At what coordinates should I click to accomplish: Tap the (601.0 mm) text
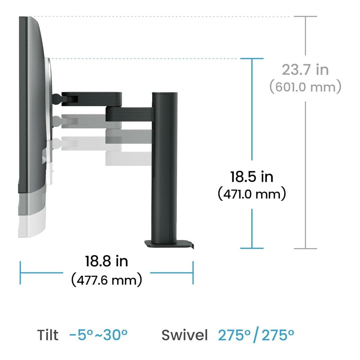click(x=305, y=87)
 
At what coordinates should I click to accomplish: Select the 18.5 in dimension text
click(x=252, y=177)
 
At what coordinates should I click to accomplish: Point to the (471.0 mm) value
click(x=252, y=194)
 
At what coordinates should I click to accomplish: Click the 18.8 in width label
click(x=107, y=261)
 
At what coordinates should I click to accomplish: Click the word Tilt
click(x=48, y=335)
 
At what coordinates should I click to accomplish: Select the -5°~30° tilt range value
click(x=98, y=335)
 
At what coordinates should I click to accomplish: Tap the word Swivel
click(x=185, y=335)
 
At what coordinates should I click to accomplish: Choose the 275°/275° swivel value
click(x=256, y=335)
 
